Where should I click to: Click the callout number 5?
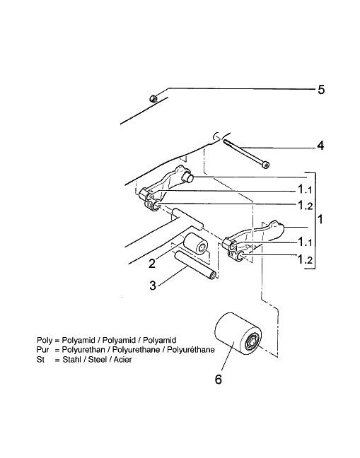[x=321, y=90]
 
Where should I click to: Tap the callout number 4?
[x=320, y=146]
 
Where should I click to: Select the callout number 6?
[x=219, y=380]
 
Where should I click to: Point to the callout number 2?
[x=152, y=264]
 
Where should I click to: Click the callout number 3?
[x=153, y=286]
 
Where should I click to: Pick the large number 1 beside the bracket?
[x=320, y=219]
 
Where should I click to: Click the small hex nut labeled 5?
[x=153, y=98]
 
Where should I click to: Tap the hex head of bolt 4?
[x=266, y=165]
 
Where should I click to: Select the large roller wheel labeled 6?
[x=238, y=334]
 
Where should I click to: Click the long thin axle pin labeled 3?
[x=195, y=266]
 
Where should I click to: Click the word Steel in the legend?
[x=98, y=359]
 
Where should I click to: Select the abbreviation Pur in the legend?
[x=42, y=350]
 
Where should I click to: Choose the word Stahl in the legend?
[x=71, y=359]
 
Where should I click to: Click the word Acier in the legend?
[x=123, y=359]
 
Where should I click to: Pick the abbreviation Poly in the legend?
[x=45, y=340]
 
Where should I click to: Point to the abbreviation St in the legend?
[x=40, y=359]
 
